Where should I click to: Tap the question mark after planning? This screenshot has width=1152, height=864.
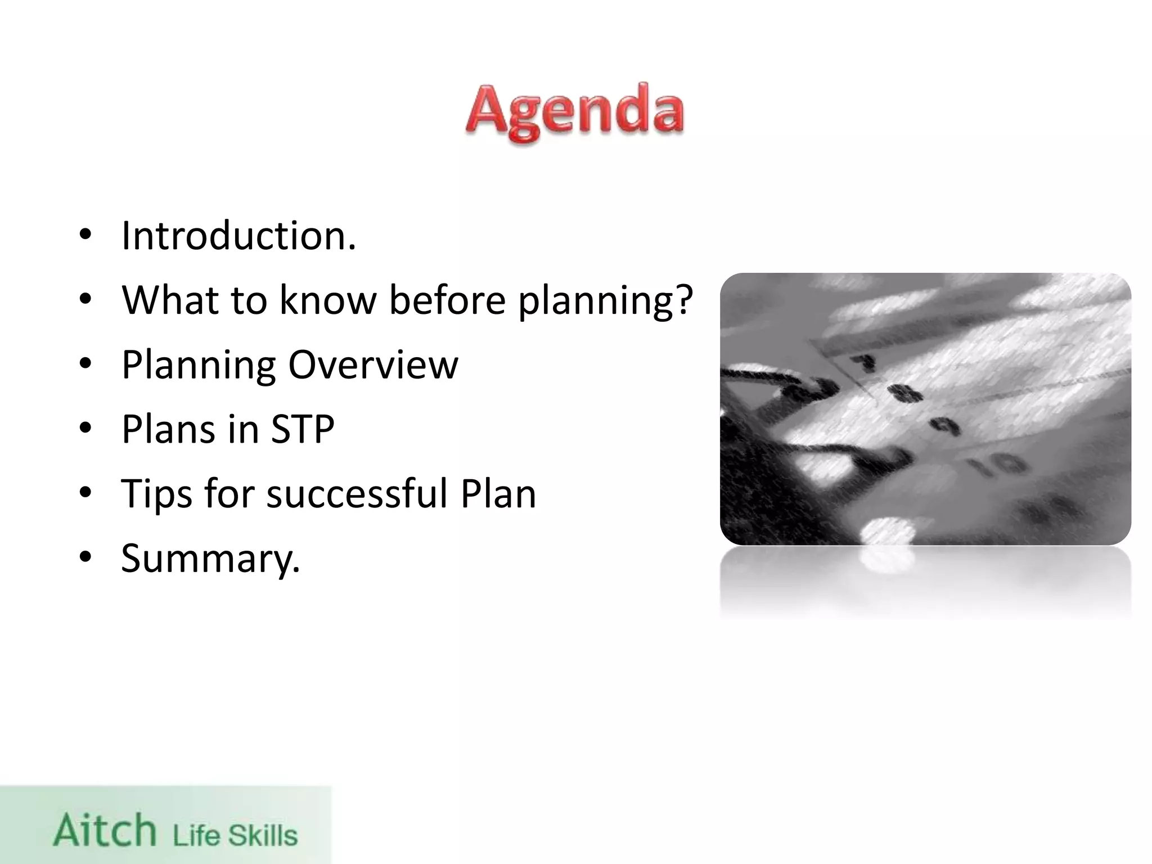point(683,299)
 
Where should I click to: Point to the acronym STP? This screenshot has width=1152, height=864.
point(303,429)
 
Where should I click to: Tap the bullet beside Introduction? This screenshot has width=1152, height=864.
point(85,235)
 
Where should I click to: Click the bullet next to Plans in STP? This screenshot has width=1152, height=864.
point(85,429)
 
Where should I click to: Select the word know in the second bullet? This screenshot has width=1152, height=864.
point(327,299)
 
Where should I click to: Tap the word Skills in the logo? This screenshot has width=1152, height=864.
point(262,835)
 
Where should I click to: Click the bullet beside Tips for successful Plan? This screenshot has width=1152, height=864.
point(85,493)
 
